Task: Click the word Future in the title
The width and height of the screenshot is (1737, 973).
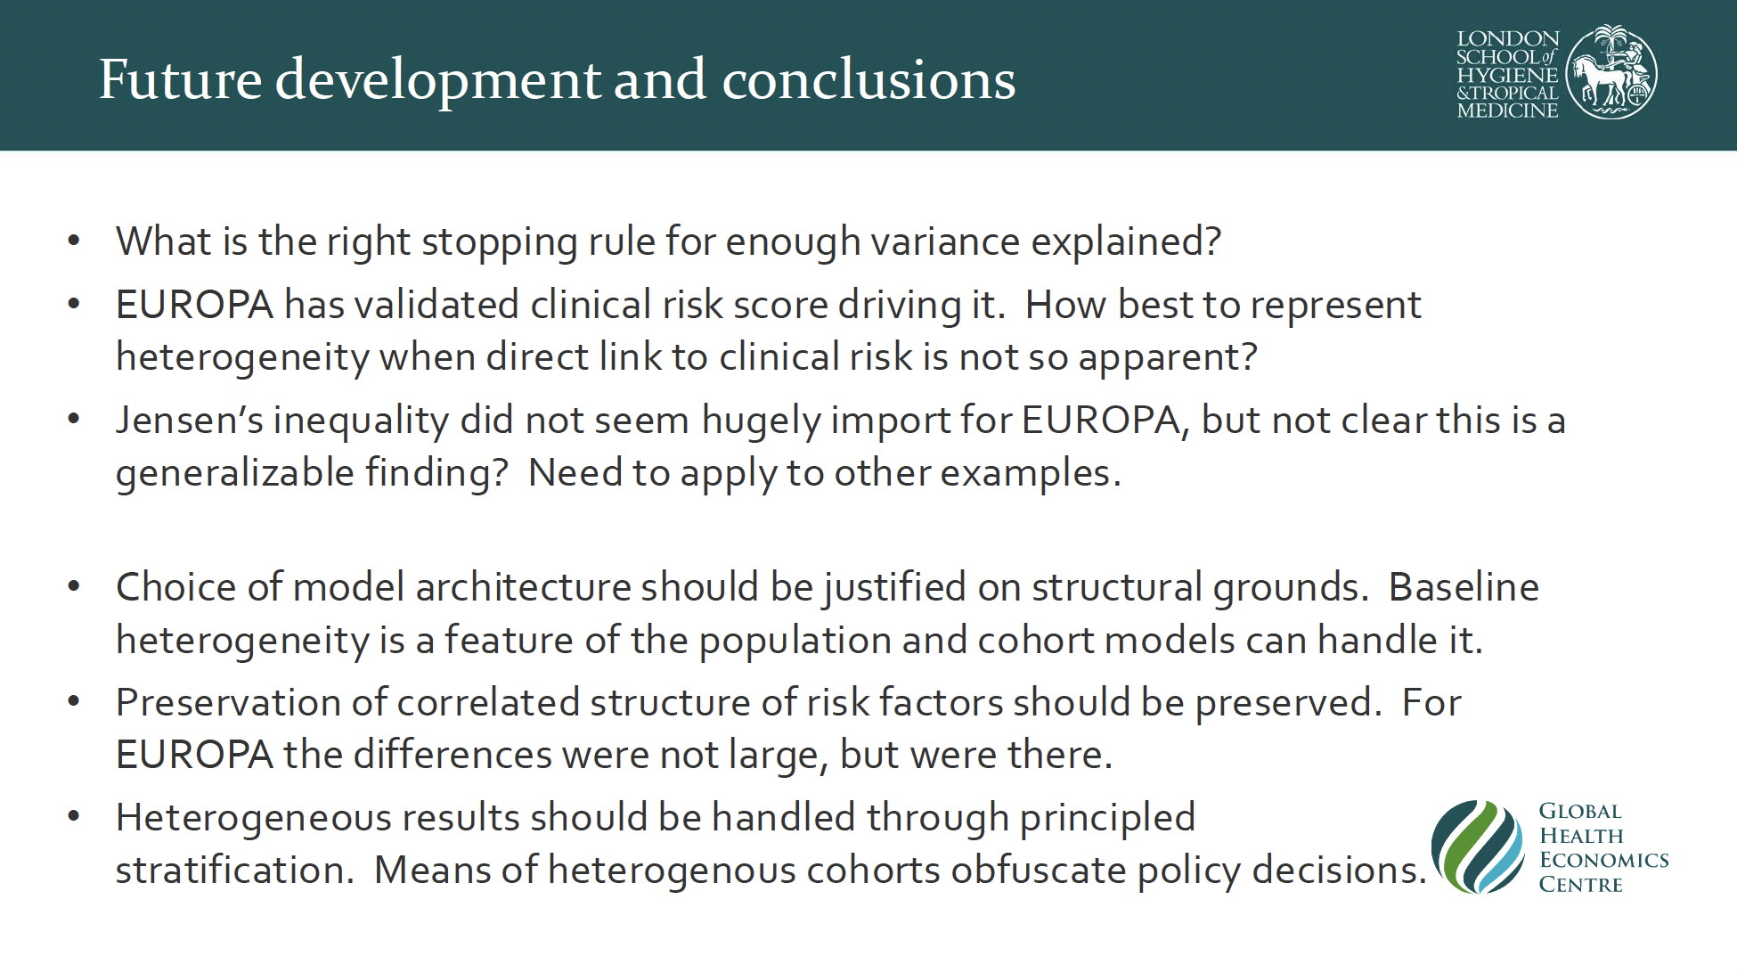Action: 180,79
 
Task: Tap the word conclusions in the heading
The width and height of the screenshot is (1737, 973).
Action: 868,79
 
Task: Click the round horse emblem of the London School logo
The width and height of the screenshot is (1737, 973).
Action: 1611,72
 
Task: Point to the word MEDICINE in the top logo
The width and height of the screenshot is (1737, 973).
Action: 1507,110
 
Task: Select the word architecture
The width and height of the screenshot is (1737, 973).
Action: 523,587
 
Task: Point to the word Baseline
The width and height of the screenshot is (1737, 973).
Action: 1464,587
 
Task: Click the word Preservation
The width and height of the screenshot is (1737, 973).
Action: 251,702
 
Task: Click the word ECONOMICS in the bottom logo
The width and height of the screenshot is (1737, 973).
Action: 1603,860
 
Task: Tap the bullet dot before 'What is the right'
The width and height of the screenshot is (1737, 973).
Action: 74,241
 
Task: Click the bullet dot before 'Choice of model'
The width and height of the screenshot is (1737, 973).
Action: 74,587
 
